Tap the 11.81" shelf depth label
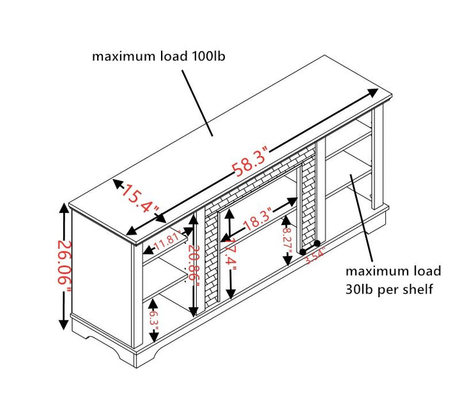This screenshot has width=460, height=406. [x=167, y=241]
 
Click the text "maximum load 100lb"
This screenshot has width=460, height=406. [x=158, y=56]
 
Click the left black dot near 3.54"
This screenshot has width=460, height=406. [x=303, y=253]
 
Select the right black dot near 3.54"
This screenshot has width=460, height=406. [x=318, y=244]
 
